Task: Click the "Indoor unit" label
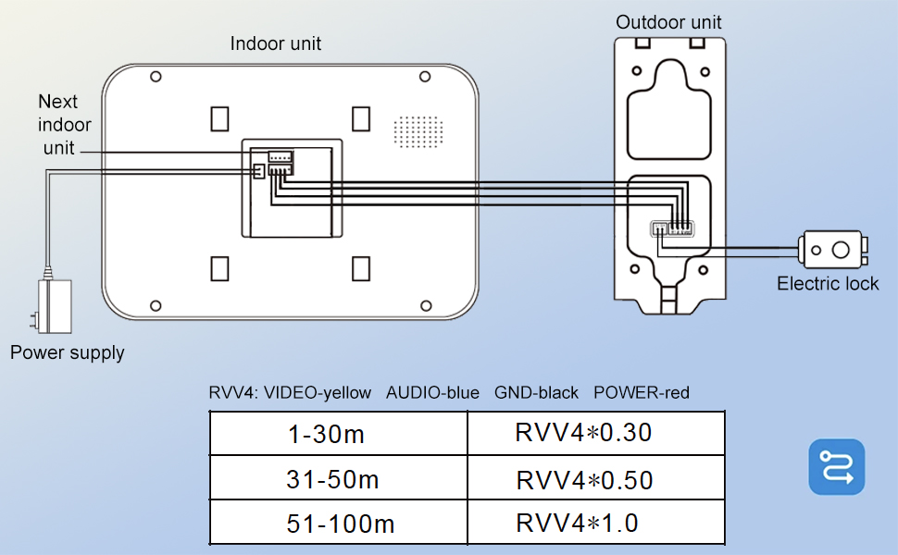click(276, 43)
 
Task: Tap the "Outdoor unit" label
click(668, 22)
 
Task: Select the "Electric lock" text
click(828, 284)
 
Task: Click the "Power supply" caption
click(67, 352)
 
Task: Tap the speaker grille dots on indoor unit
click(415, 132)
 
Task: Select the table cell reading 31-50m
click(339, 480)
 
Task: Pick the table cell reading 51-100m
click(339, 524)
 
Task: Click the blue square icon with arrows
click(836, 467)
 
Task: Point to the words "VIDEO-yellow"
click(317, 393)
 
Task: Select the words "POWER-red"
click(641, 393)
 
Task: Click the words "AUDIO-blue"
click(432, 393)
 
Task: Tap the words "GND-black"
click(536, 393)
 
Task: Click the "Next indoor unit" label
click(59, 124)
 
